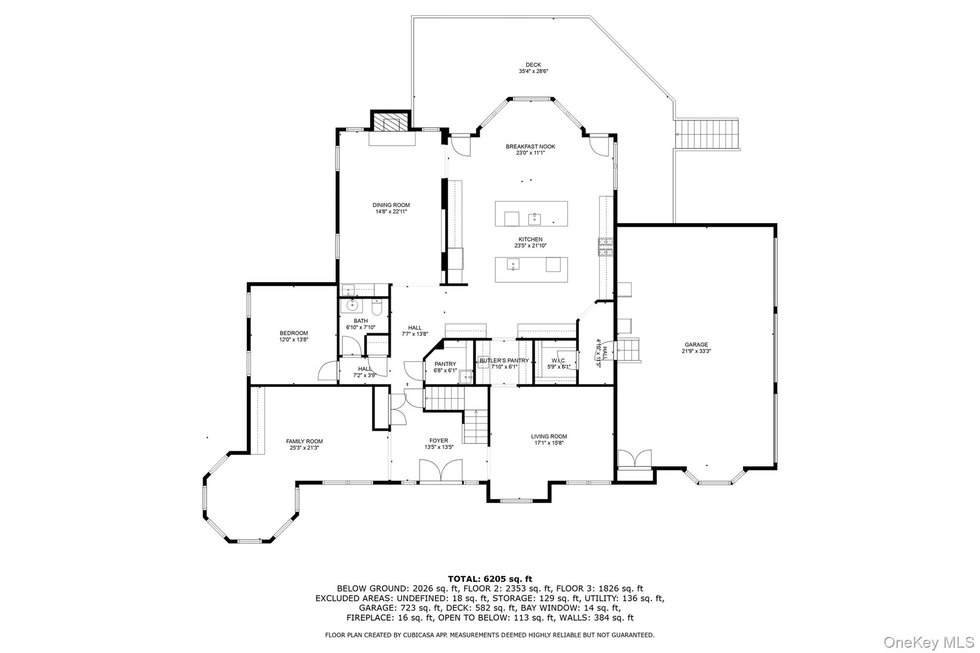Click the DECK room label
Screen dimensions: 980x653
click(533, 65)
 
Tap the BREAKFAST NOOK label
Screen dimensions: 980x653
click(530, 147)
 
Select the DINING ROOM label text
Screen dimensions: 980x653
click(391, 205)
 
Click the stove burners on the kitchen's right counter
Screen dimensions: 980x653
click(606, 247)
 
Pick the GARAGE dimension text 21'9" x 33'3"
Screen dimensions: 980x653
click(696, 351)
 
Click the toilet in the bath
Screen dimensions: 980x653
click(376, 307)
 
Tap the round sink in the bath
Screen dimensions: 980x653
click(353, 305)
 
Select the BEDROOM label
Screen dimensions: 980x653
click(293, 333)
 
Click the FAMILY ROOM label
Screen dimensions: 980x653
click(304, 442)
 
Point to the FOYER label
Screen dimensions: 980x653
click(438, 441)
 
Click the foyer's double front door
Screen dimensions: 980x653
click(441, 471)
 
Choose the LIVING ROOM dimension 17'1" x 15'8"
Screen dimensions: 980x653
click(549, 443)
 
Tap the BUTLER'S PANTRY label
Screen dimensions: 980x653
click(504, 361)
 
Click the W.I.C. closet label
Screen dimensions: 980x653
click(558, 361)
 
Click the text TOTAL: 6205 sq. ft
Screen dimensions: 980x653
click(490, 579)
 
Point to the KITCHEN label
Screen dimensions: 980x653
click(530, 240)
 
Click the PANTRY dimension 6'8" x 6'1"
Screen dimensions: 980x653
click(445, 370)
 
